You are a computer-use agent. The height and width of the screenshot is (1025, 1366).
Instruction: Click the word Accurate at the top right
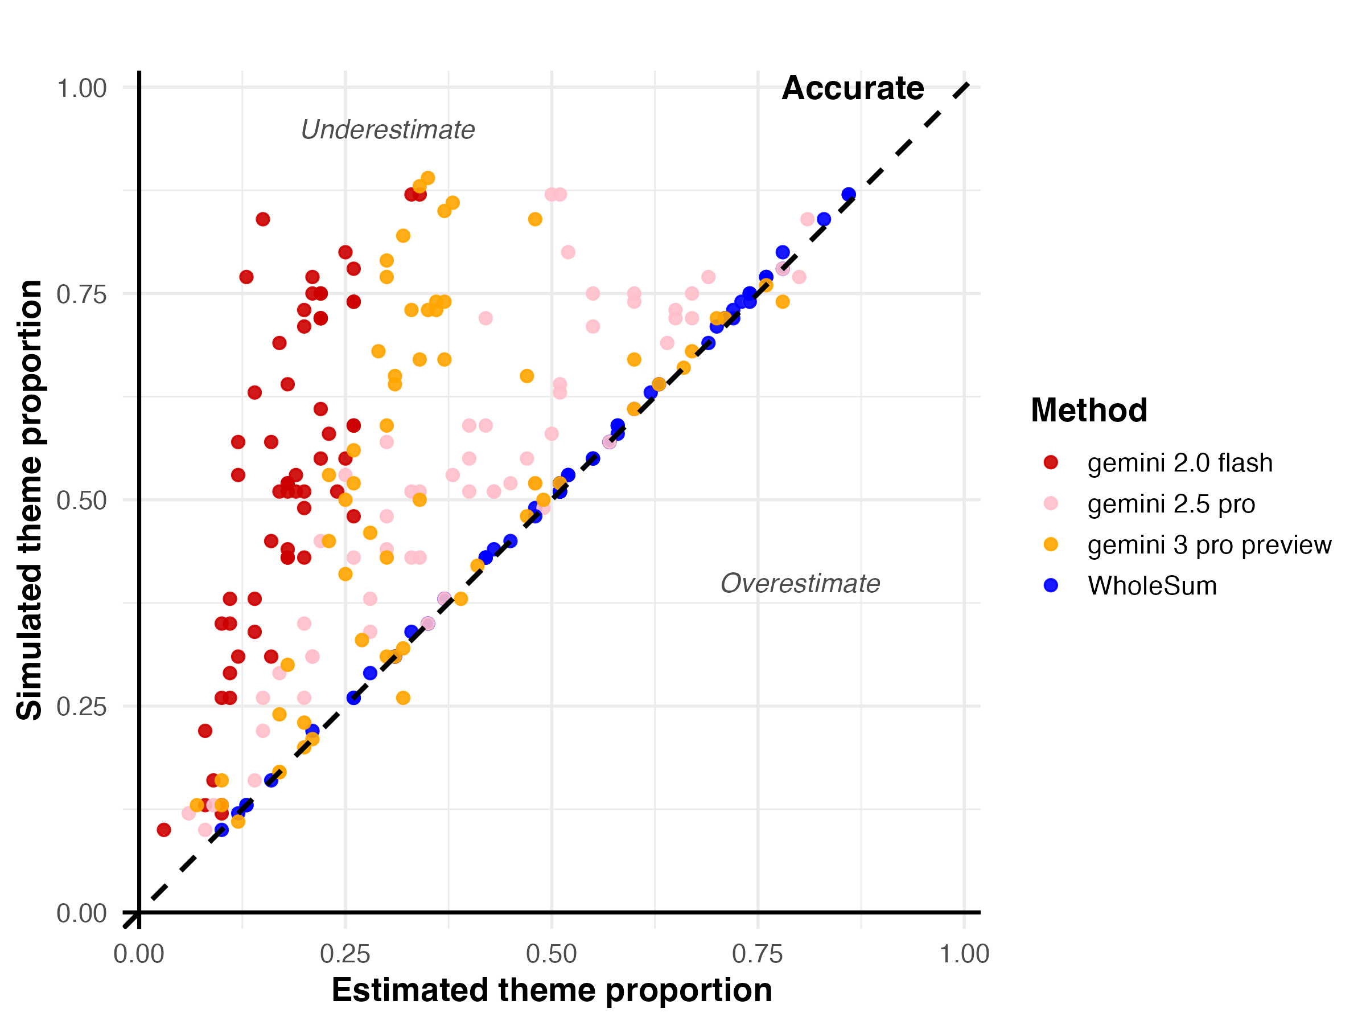[852, 88]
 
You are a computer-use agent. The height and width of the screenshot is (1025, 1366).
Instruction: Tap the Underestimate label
[387, 130]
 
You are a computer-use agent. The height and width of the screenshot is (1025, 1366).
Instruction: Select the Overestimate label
[800, 583]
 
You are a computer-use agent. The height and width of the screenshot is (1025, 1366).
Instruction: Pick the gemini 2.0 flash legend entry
[1179, 463]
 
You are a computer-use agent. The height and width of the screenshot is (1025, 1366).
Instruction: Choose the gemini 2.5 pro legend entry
[1171, 503]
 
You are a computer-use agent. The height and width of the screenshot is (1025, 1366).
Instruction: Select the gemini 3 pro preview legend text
[1209, 544]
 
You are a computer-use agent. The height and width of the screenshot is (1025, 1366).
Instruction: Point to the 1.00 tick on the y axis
[81, 88]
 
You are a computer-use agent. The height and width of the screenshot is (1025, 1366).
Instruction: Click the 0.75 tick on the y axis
[81, 294]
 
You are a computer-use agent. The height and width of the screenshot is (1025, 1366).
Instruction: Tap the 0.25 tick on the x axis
[345, 954]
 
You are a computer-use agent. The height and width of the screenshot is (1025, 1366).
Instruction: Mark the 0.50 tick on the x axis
[552, 954]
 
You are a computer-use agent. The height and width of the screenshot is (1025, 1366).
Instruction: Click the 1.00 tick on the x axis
[964, 954]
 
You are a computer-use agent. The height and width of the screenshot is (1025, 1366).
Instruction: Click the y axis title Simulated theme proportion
[30, 500]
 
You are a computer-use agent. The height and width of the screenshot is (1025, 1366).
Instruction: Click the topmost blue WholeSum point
[849, 195]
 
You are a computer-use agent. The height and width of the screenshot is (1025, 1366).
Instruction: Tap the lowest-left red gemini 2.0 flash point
[164, 830]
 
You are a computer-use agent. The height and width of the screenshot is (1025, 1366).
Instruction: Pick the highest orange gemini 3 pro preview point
[427, 178]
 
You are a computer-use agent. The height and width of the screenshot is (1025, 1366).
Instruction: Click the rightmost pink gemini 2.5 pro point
[807, 219]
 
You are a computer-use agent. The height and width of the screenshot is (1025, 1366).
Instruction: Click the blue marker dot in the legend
[1051, 585]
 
